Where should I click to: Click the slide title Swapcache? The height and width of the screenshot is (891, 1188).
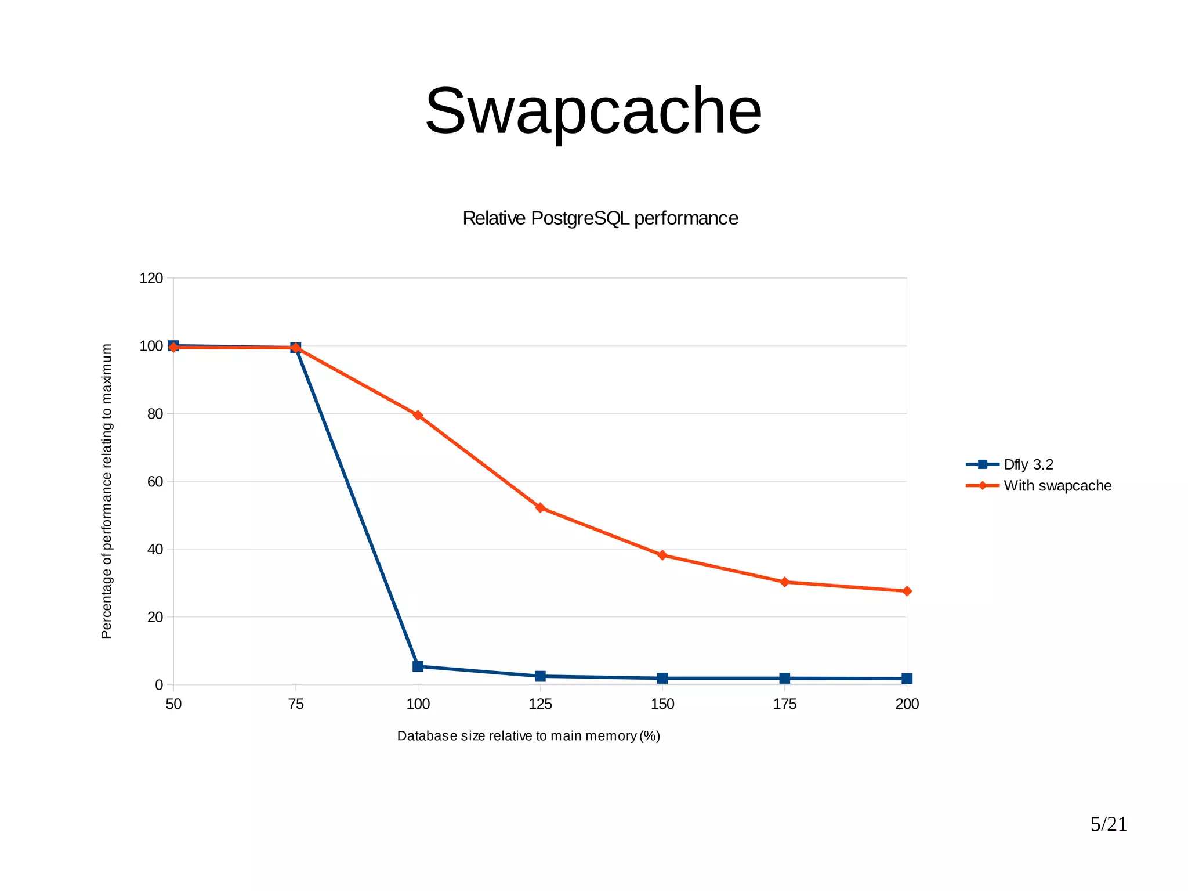tap(593, 111)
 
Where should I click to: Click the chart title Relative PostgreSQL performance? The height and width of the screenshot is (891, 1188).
tap(600, 218)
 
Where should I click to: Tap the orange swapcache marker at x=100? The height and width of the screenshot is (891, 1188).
tap(418, 415)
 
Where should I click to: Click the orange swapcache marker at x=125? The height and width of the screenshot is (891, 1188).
tap(540, 508)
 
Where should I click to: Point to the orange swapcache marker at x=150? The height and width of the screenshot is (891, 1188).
tap(662, 555)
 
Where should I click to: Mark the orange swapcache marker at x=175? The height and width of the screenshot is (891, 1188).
tap(785, 582)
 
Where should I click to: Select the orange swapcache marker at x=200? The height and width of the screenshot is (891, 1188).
tap(907, 591)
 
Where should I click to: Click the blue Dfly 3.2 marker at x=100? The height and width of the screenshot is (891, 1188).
tap(418, 666)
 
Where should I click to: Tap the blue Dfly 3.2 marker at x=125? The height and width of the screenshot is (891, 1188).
tap(540, 676)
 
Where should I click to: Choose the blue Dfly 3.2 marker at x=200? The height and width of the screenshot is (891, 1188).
tap(907, 679)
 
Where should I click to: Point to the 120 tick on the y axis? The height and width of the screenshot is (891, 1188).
tap(151, 279)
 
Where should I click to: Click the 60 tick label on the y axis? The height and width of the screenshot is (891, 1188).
tap(155, 482)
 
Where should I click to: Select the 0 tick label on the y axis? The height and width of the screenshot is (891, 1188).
tap(159, 686)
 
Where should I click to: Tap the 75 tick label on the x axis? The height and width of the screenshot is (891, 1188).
tap(296, 705)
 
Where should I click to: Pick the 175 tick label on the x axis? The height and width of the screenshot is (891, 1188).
tap(785, 705)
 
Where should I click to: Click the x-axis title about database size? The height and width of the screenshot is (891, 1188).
tap(528, 736)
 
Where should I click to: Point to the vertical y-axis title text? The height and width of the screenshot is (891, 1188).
tap(106, 491)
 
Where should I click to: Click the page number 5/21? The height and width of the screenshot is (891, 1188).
tap(1109, 824)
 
